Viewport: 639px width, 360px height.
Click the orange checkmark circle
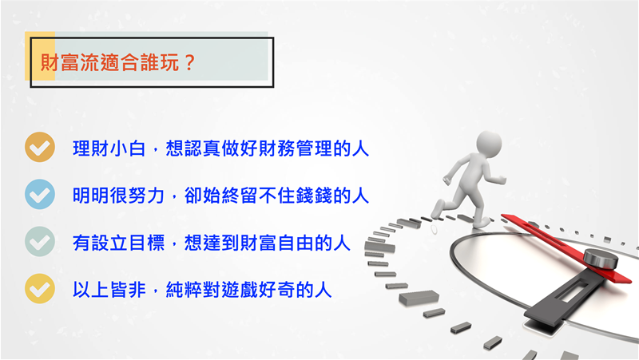[40, 147]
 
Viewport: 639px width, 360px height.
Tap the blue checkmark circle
[40, 194]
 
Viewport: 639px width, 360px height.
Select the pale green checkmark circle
[40, 242]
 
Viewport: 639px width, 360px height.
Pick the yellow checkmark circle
[40, 289]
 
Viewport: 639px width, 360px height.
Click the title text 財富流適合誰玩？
[118, 63]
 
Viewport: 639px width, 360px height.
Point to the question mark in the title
[189, 63]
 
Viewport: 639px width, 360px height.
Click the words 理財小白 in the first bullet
[109, 148]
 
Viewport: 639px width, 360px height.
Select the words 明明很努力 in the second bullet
[118, 196]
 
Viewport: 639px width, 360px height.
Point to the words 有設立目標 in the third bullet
[118, 243]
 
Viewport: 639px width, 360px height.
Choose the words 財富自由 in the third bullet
[276, 243]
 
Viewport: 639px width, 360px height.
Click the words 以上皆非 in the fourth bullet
[109, 290]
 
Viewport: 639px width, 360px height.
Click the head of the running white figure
[489, 144]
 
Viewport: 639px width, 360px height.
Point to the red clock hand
[566, 248]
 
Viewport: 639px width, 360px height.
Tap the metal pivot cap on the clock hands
[601, 259]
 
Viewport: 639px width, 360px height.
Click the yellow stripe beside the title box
[40, 56]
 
